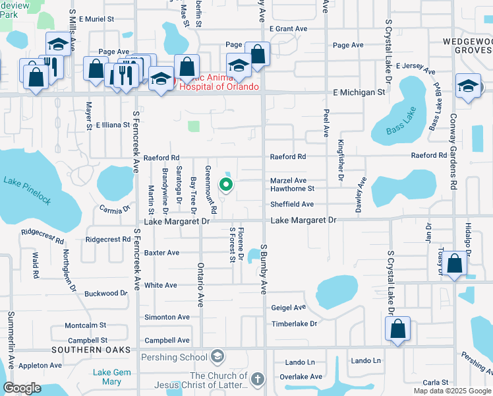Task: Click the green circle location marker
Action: [225, 185]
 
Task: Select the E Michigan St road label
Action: [359, 92]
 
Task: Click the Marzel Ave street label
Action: [288, 180]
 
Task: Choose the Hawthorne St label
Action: [292, 189]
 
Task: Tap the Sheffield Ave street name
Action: [292, 205]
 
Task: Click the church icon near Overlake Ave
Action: [258, 379]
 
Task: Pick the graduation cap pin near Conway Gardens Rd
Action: [468, 86]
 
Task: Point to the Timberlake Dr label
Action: [294, 324]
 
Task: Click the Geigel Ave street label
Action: [289, 308]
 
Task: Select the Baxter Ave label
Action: [161, 253]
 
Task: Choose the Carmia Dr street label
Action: [113, 210]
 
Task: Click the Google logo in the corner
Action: [22, 387]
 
